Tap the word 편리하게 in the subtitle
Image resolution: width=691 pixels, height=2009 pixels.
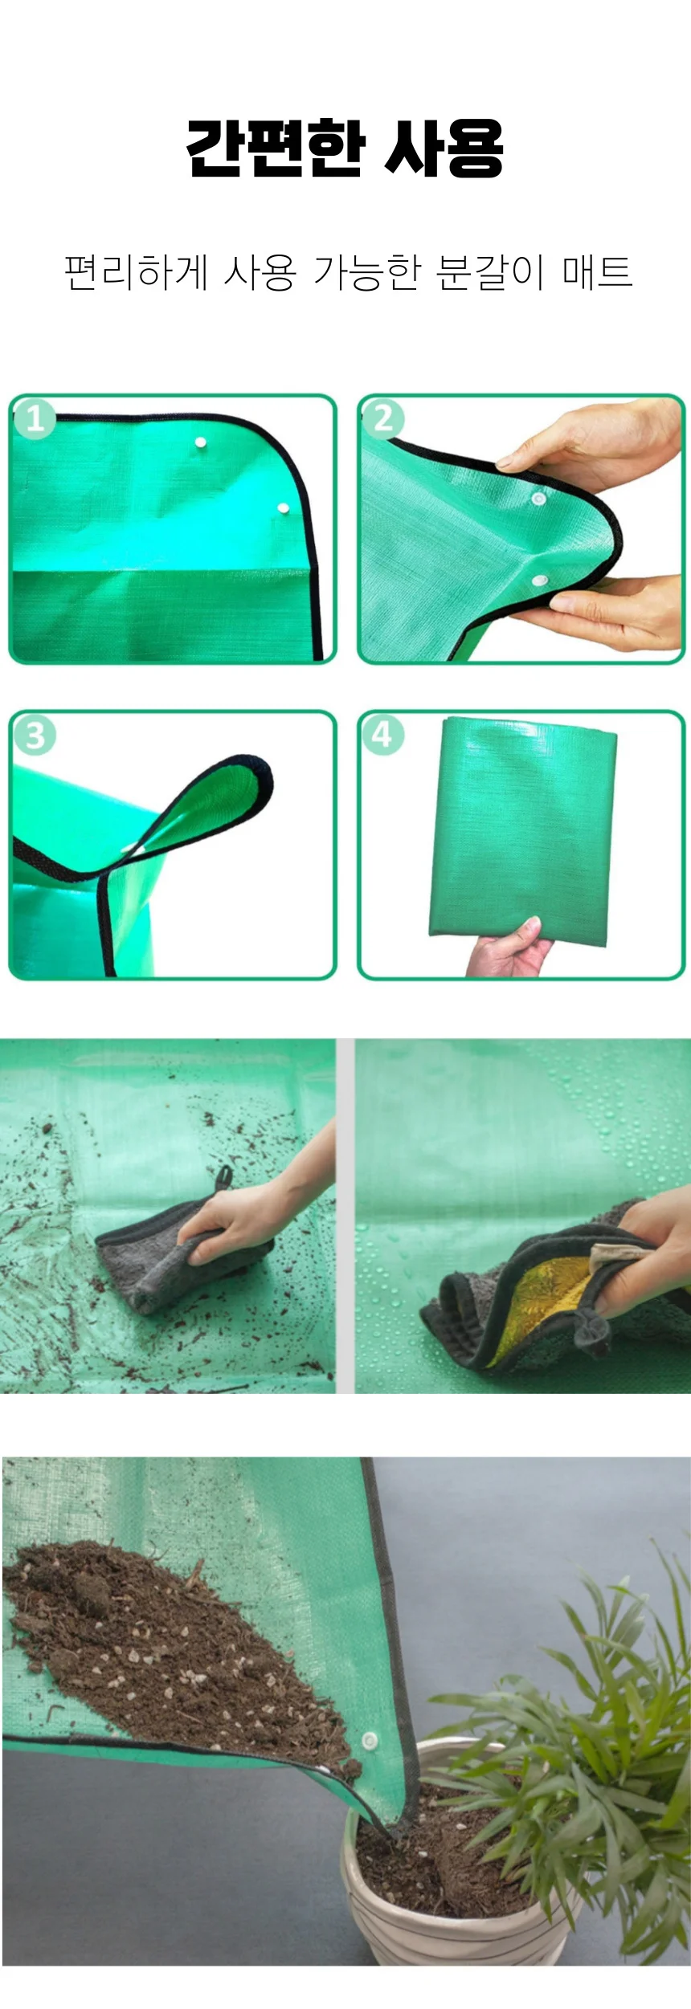point(134,271)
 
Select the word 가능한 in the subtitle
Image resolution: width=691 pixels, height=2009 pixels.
point(367,271)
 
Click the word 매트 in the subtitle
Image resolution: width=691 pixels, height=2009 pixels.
point(597,271)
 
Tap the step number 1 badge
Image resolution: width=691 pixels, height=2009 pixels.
point(34,418)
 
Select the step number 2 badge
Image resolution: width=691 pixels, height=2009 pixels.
point(382,418)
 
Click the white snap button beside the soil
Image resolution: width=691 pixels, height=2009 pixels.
point(370,1741)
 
